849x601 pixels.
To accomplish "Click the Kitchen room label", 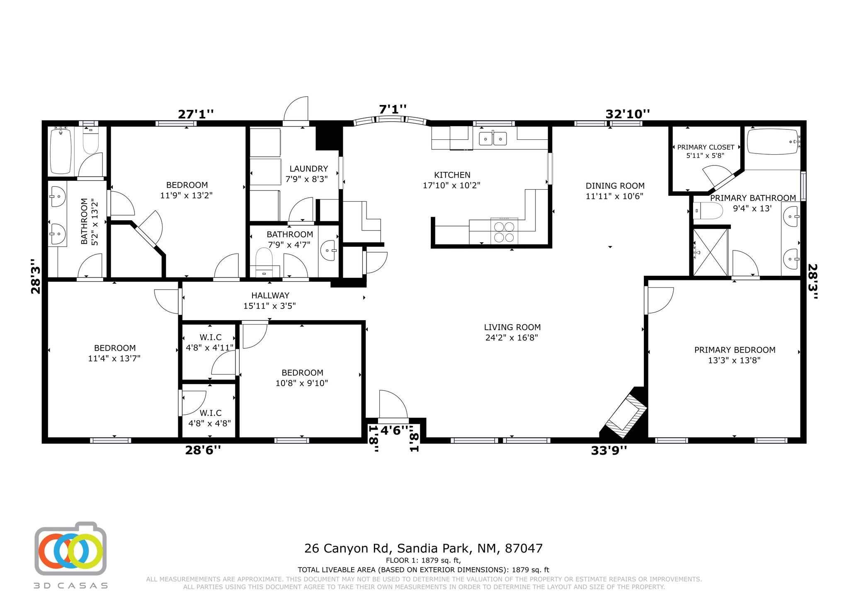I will pyautogui.click(x=452, y=175).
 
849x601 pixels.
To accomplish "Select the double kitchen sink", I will pyautogui.click(x=492, y=138).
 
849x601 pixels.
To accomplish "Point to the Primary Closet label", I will pyautogui.click(x=706, y=147).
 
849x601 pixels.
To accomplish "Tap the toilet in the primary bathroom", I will pyautogui.click(x=708, y=211).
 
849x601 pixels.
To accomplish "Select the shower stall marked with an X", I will pyautogui.click(x=711, y=252).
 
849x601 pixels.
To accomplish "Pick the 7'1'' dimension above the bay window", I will pyautogui.click(x=393, y=109).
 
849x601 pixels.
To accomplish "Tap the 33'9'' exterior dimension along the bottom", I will pyautogui.click(x=609, y=450).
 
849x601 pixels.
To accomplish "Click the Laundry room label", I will pyautogui.click(x=308, y=169).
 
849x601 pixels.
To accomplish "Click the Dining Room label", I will pyautogui.click(x=615, y=186).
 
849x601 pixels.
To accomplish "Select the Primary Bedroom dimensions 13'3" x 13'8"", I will pyautogui.click(x=734, y=360).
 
